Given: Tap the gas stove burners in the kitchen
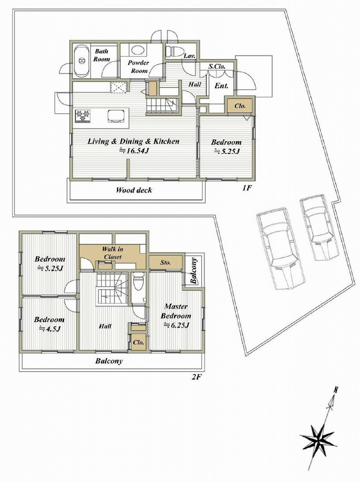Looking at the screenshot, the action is (x=83, y=116).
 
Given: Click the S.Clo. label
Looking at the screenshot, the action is (x=217, y=66).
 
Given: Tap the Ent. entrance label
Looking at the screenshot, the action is (x=221, y=85).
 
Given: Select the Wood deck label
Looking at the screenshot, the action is (x=134, y=190).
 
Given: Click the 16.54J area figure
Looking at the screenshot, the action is (x=134, y=151).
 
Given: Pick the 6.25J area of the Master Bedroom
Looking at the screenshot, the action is (x=176, y=325).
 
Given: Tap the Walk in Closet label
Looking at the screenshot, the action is (x=113, y=253).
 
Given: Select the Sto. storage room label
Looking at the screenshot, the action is (x=166, y=262).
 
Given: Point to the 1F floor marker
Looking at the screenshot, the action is (x=246, y=188).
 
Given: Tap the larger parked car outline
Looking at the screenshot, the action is (x=281, y=249).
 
